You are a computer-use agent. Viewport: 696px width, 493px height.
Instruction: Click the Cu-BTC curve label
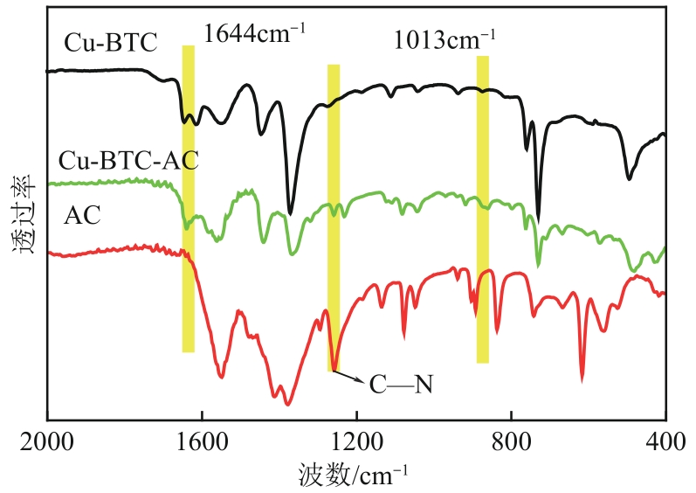110,43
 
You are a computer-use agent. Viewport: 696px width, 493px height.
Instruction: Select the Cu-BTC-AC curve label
128,162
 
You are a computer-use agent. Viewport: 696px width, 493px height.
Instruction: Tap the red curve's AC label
83,215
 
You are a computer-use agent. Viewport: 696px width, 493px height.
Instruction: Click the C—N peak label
402,385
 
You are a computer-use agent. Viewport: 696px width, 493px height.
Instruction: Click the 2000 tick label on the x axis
47,441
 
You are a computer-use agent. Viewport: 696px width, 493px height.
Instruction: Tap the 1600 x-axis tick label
202,441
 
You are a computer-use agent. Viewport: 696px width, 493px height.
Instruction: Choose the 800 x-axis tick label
511,441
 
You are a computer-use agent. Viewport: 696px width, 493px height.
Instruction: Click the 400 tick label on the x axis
665,441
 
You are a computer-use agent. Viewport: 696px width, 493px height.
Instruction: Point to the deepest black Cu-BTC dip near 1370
291,212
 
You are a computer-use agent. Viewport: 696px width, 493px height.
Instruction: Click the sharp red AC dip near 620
582,378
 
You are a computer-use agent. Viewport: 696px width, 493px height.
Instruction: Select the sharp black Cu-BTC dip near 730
538,220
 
